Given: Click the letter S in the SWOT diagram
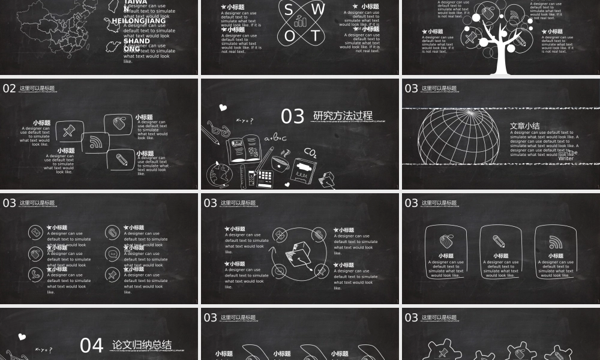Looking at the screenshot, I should [x=289, y=10].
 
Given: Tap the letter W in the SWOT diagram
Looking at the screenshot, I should [x=318, y=10].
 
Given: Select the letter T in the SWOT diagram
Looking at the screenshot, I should [x=316, y=35].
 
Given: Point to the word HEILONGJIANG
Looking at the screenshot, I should [x=139, y=21].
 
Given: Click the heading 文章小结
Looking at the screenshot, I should [x=524, y=126].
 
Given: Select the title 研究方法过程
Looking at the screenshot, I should [x=343, y=116].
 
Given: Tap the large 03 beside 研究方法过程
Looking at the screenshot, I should [x=293, y=116].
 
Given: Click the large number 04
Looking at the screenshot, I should [x=92, y=346].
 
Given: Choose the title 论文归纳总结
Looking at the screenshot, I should [x=142, y=345].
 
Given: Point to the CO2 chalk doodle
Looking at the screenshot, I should [x=310, y=152].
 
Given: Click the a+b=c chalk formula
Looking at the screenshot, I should [x=275, y=139].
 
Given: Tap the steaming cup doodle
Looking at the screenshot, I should [x=280, y=161].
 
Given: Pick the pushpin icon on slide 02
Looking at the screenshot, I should [x=67, y=130].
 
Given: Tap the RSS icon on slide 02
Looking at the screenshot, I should [x=95, y=143].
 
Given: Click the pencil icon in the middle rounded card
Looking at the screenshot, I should [x=499, y=241].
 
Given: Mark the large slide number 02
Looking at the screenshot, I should [x=10, y=89].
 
